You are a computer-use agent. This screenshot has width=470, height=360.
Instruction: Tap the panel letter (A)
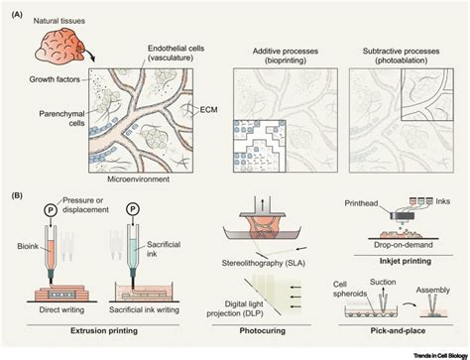coord(16,8)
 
